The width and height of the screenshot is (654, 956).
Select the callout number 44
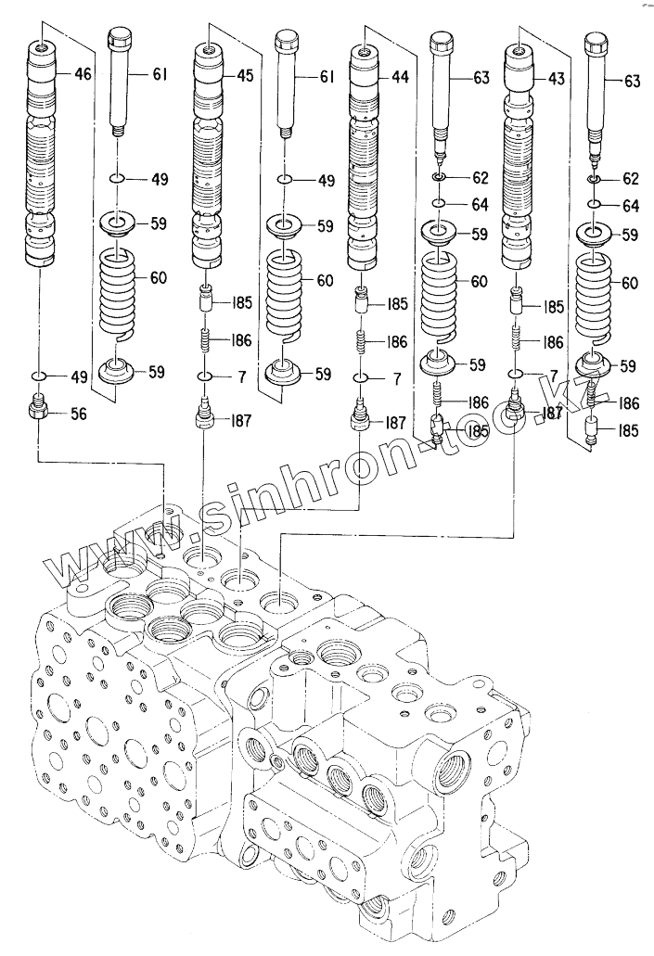click(400, 79)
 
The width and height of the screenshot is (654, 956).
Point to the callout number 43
click(556, 81)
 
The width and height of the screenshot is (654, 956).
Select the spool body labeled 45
click(209, 158)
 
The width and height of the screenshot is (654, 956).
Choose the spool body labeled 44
click(365, 158)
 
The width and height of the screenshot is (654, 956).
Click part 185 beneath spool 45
click(208, 300)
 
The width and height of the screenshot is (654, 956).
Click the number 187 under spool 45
click(240, 422)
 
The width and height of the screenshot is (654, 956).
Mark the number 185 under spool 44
click(397, 302)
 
